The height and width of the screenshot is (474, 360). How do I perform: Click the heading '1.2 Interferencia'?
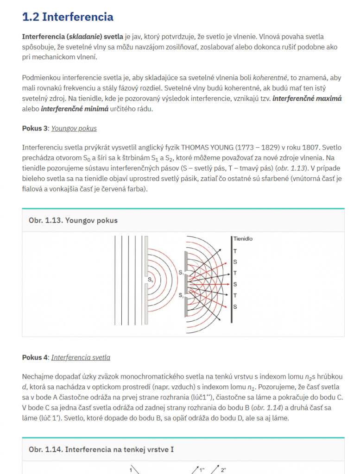click(68, 17)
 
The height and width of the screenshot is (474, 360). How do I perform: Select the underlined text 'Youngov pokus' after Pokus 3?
click(74, 128)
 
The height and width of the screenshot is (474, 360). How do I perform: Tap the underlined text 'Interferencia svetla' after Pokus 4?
click(81, 357)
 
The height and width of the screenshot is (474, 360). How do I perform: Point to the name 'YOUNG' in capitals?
click(218, 148)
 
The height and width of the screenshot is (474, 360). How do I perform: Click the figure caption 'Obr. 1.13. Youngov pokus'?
click(73, 220)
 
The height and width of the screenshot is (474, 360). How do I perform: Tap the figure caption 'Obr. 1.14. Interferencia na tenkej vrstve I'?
click(101, 449)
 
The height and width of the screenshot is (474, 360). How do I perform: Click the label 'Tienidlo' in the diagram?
click(243, 239)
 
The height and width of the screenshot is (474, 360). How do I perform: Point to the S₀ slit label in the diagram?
click(151, 280)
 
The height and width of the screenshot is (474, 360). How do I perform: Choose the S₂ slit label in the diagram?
click(181, 294)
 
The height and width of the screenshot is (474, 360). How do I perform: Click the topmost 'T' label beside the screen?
click(235, 251)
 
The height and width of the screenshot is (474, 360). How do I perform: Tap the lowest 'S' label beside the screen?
click(235, 306)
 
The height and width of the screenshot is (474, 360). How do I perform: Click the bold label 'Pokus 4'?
click(35, 357)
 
